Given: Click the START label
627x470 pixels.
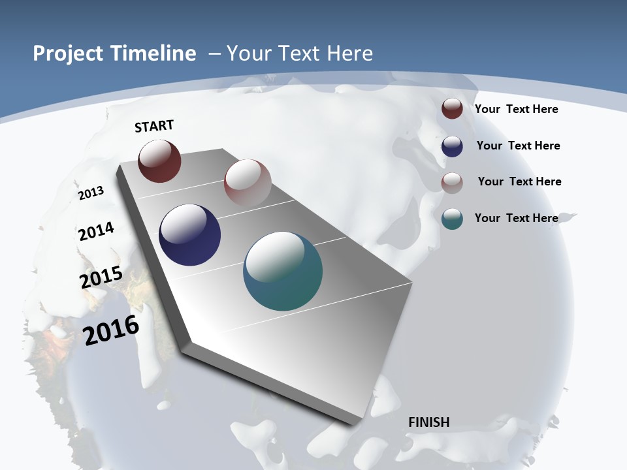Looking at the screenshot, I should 154,126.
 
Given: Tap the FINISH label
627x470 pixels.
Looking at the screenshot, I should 429,422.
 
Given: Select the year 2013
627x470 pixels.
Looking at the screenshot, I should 91,193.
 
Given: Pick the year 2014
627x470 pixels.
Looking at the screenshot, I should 97,231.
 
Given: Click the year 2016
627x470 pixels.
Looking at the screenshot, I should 112,330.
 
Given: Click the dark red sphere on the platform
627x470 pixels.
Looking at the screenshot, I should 159,161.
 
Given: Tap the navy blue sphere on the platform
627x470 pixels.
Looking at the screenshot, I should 189,235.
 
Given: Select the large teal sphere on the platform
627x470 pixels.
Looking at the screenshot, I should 283,271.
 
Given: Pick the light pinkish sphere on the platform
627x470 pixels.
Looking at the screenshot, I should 248,182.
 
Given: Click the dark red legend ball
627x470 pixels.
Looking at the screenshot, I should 452,108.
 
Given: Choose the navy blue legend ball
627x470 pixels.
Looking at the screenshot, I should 452,146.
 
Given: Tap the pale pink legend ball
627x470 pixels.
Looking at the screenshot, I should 452,182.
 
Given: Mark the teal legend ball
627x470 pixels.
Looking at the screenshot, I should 452,219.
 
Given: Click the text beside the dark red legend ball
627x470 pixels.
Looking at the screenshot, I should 516,109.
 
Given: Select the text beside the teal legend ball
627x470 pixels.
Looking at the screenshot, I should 516,218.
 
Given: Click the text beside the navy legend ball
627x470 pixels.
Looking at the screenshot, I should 518,146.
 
